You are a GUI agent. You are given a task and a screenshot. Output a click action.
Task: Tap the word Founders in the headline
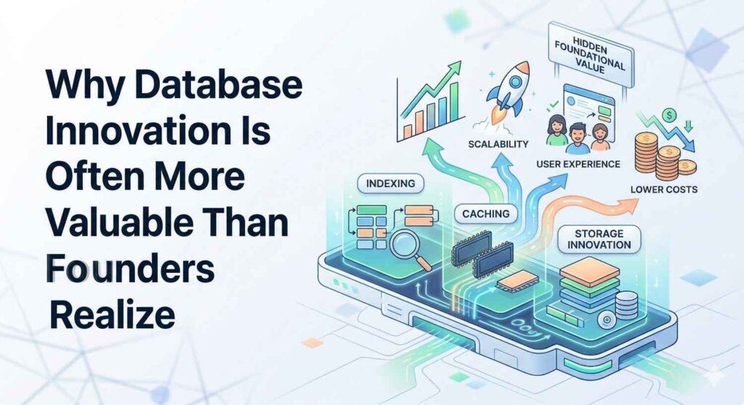(x=130, y=268)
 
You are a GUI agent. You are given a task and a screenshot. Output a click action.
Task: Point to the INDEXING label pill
(x=390, y=184)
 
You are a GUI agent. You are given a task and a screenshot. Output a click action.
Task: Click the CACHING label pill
(x=486, y=214)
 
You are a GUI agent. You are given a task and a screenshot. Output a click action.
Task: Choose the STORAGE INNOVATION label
(x=599, y=239)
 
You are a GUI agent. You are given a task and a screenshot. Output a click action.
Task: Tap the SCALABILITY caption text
(x=498, y=144)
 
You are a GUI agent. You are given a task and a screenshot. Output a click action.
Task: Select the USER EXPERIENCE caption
(x=578, y=164)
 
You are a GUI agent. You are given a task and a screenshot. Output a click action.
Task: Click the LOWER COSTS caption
(x=664, y=189)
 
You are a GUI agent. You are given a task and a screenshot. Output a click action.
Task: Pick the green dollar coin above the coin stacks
(x=670, y=115)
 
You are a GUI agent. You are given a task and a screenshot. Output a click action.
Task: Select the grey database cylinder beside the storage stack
(x=626, y=306)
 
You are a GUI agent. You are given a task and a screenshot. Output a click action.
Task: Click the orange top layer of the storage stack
(x=590, y=269)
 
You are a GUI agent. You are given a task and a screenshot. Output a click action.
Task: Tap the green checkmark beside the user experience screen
(x=552, y=103)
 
